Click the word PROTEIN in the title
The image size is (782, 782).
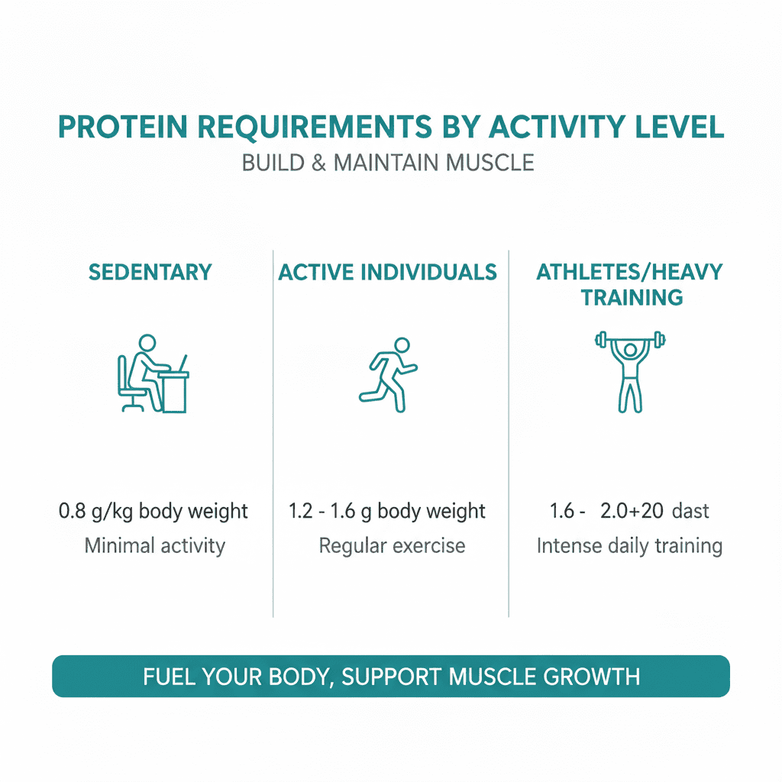click(x=125, y=128)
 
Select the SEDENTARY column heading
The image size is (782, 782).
click(x=150, y=272)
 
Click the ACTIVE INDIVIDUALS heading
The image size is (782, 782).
click(x=387, y=272)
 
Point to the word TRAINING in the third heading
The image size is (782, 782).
click(x=632, y=297)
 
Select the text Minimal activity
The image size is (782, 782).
click(x=154, y=546)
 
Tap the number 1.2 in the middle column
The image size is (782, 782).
click(x=302, y=511)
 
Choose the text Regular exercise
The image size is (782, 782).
click(x=392, y=546)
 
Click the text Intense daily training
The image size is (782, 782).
click(x=629, y=546)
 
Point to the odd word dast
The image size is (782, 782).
click(x=690, y=511)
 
